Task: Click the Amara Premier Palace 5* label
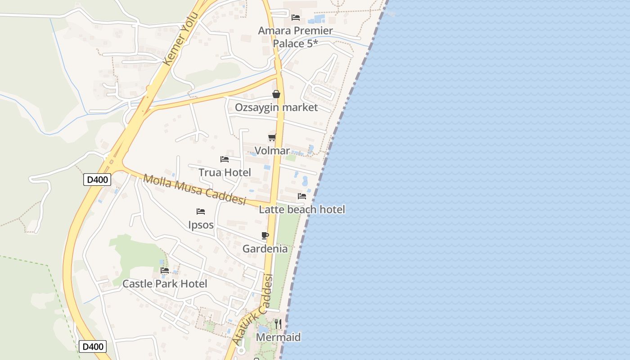click(295, 37)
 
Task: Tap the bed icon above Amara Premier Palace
click(296, 18)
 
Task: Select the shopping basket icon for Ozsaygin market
click(276, 94)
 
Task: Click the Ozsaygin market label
click(276, 108)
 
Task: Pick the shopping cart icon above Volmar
click(272, 137)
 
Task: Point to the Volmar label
click(272, 151)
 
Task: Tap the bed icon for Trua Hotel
click(225, 159)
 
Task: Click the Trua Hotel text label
click(225, 172)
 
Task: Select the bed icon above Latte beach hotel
click(302, 196)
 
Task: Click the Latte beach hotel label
click(302, 209)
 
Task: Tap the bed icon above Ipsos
click(201, 211)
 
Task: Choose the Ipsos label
click(201, 225)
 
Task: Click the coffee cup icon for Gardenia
click(265, 235)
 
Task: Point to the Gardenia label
click(265, 249)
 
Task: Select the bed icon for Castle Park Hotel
click(165, 270)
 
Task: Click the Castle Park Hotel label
click(165, 284)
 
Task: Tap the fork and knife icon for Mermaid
click(278, 324)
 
